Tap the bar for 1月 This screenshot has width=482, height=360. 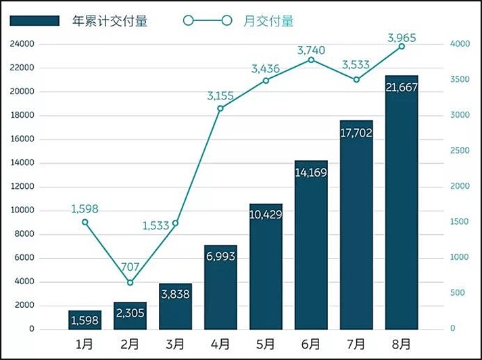(x=85, y=320)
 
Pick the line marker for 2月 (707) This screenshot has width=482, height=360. (x=130, y=283)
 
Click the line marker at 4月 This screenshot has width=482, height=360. (x=220, y=108)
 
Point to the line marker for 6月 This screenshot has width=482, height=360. (x=311, y=60)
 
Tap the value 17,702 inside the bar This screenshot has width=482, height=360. (x=356, y=133)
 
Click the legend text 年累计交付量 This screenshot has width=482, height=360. (x=110, y=21)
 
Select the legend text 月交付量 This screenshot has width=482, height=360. (x=268, y=21)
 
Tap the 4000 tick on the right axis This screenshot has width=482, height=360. (x=460, y=44)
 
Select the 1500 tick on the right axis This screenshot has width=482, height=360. (x=460, y=222)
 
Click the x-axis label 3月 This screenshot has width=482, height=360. (x=175, y=344)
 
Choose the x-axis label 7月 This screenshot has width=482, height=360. (x=356, y=344)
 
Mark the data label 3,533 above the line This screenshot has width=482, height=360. (x=356, y=65)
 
